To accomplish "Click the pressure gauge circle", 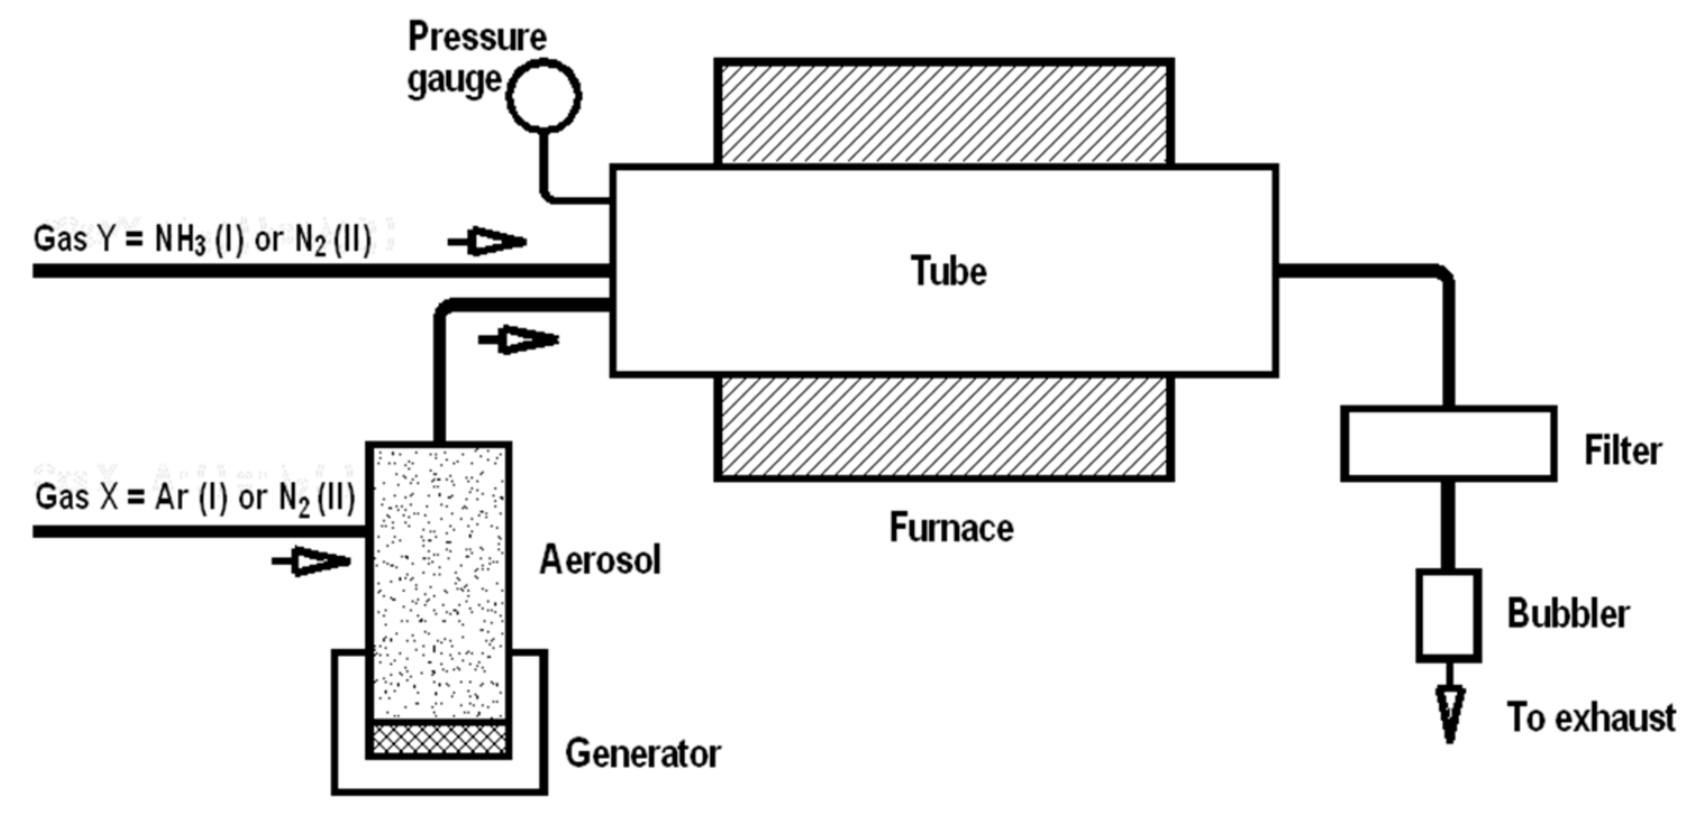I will tap(544, 96).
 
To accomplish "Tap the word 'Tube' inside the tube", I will tap(948, 271).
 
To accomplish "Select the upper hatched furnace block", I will tap(943, 113).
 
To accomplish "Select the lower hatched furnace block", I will tap(943, 427).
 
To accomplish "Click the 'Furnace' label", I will tap(951, 528).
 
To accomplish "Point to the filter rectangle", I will tap(1448, 443).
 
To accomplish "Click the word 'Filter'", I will tap(1622, 451).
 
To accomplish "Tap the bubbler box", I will tap(1448, 615).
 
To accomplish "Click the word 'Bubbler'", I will tap(1567, 614).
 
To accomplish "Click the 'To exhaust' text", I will tap(1591, 718).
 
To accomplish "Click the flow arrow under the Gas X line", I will tap(312, 561).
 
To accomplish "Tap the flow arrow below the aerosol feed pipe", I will tap(519, 340).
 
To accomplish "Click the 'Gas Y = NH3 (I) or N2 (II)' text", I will tap(202, 240).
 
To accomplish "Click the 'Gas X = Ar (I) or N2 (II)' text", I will tap(195, 497).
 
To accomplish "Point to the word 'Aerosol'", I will tap(600, 560).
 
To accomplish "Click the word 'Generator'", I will tap(643, 753).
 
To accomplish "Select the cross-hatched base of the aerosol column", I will tap(439, 739).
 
